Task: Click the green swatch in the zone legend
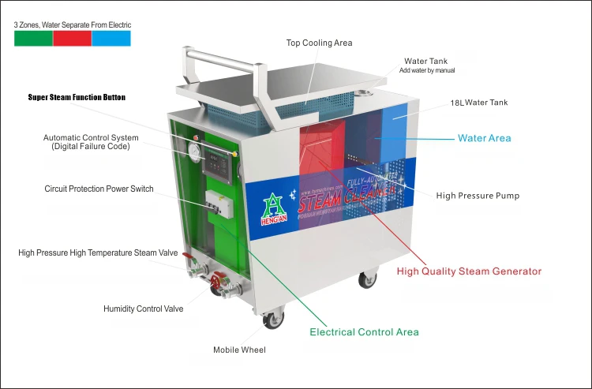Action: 33,38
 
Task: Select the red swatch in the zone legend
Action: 73,38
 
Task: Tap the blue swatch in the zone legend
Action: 111,38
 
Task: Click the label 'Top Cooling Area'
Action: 319,43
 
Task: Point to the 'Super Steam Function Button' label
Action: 77,98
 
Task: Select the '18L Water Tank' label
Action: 479,103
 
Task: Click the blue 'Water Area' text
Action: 484,138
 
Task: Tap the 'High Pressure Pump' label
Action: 478,196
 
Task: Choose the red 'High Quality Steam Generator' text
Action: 469,271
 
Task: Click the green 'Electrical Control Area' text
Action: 364,332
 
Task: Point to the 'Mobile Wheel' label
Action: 239,350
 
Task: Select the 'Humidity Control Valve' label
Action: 143,309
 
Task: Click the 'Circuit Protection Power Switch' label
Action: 99,189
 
